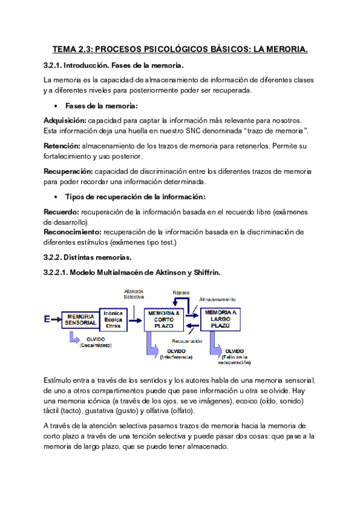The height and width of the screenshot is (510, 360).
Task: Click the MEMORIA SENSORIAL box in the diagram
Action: [x=80, y=319]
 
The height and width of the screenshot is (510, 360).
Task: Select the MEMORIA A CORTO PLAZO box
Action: [x=164, y=319]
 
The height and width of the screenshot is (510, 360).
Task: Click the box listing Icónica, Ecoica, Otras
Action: [x=114, y=319]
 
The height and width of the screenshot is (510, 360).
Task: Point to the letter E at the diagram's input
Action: [x=47, y=320]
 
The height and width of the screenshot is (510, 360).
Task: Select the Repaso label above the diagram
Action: [x=181, y=293]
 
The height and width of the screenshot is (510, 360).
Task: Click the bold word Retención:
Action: [x=62, y=146]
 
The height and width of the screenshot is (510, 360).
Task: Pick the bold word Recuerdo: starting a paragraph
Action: [x=62, y=212]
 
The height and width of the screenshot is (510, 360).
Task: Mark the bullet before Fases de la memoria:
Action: [x=55, y=106]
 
